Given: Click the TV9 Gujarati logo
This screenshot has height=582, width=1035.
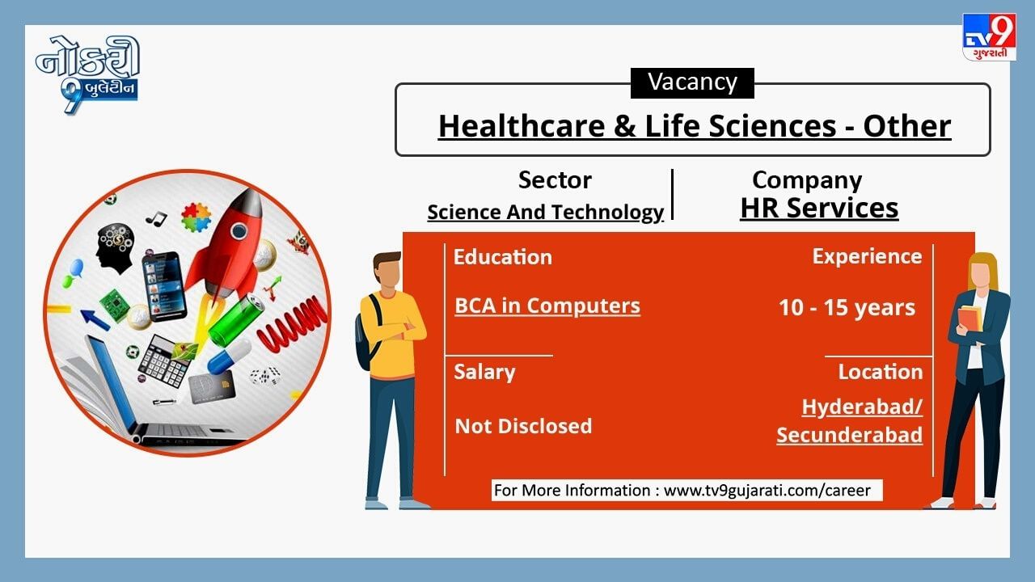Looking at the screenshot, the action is [x=989, y=36].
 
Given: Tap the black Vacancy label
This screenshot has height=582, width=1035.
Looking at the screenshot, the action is [x=692, y=82].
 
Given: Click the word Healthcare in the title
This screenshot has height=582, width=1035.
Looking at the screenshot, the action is [x=522, y=125].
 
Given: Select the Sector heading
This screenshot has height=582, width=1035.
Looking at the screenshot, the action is [x=555, y=179].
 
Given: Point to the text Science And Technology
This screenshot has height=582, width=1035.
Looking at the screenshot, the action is [x=545, y=213].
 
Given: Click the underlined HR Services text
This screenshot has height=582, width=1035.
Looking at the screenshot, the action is [x=819, y=208].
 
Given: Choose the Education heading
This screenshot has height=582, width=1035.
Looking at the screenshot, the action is [x=503, y=257].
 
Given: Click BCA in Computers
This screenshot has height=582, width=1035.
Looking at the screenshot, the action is [x=547, y=306].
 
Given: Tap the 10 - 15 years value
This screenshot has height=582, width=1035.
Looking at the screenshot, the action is [x=847, y=308].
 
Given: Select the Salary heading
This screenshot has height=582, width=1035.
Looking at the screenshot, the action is [x=484, y=373].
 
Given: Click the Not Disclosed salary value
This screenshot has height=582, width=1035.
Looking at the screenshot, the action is [x=523, y=426].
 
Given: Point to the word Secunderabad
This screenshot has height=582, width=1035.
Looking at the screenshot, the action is [x=849, y=435].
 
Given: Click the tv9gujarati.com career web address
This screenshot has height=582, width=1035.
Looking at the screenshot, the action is [x=767, y=491].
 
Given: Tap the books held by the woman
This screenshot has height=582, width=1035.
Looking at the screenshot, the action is [x=970, y=318].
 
